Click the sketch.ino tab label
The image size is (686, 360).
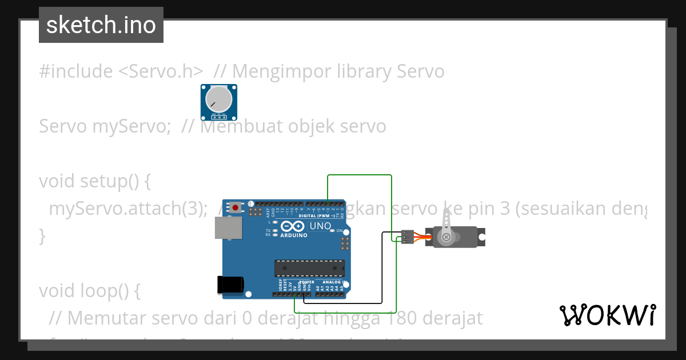coord(101,25)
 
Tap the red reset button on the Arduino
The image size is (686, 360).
coord(235,207)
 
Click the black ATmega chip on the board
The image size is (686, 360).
coord(309,268)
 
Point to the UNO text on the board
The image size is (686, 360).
coord(320,226)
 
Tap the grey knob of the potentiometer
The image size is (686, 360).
coord(219,99)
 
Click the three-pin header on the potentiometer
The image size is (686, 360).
coord(219,117)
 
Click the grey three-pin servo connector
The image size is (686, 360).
coord(407,237)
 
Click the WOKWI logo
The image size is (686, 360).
coord(607,315)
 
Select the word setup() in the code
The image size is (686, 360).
coord(115,181)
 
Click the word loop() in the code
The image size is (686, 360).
coord(112,291)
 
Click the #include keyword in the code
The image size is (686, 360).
coord(76,71)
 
